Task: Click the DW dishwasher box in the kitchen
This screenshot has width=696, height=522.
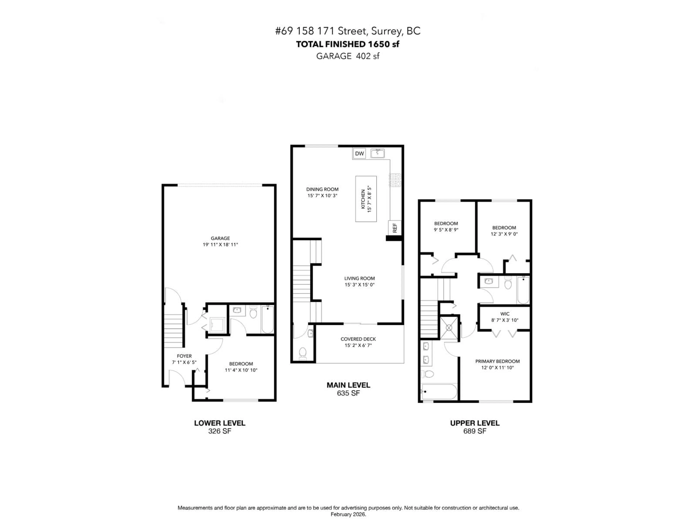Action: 359,154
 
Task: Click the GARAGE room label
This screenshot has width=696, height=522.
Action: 220,238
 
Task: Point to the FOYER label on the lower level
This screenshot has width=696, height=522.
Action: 184,356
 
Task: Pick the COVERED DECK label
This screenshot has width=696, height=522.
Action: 358,339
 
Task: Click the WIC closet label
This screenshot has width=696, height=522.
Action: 505,314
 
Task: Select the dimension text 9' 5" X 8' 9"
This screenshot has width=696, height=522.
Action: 446,230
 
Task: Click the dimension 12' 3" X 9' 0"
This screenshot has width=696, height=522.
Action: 504,234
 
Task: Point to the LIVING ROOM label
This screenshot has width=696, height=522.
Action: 359,278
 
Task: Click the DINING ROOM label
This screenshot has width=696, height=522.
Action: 322,189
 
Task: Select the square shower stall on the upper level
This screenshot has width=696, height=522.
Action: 449,328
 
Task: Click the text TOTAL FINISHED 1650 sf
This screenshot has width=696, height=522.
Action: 348,44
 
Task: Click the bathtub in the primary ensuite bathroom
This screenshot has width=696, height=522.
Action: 439,391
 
